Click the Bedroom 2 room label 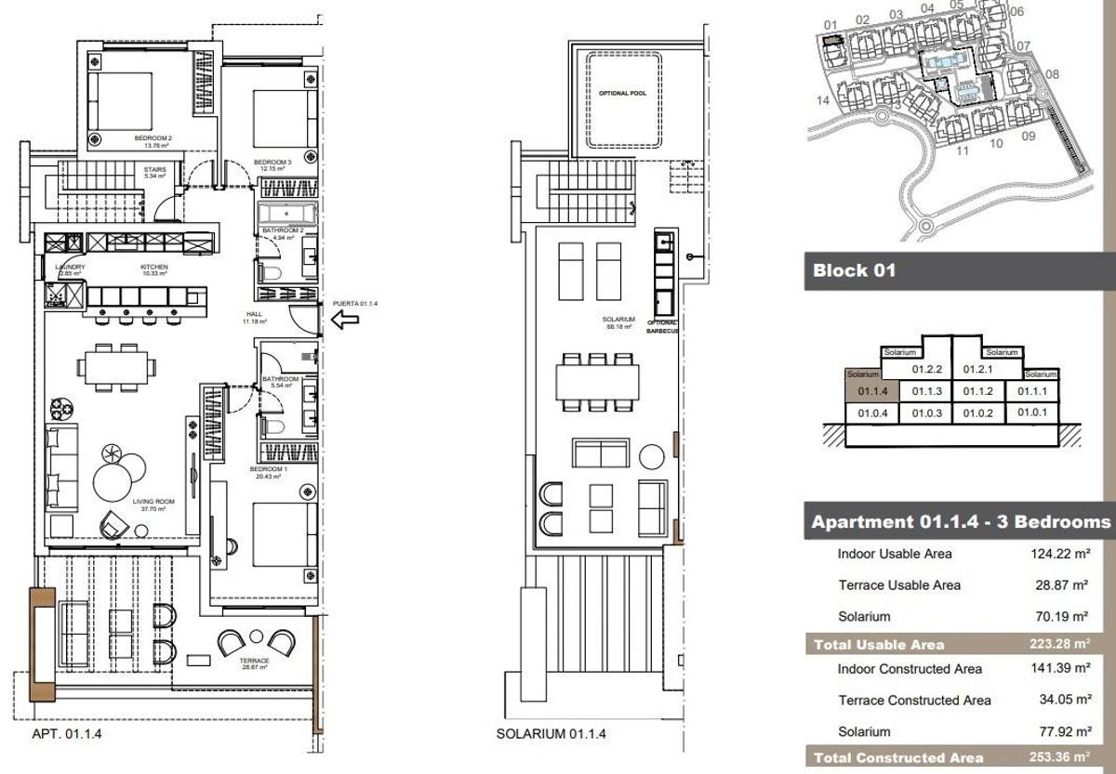[x=153, y=138]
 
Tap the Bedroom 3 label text [x=272, y=163]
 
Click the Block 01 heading [x=854, y=271]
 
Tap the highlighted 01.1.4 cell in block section [x=872, y=391]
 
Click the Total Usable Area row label [x=879, y=645]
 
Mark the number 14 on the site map [x=822, y=100]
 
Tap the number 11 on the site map [x=963, y=150]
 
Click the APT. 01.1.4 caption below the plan [x=67, y=734]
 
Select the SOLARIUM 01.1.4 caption [x=551, y=734]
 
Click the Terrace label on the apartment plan [x=254, y=662]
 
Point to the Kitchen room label [x=153, y=267]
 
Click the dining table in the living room [x=116, y=366]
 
